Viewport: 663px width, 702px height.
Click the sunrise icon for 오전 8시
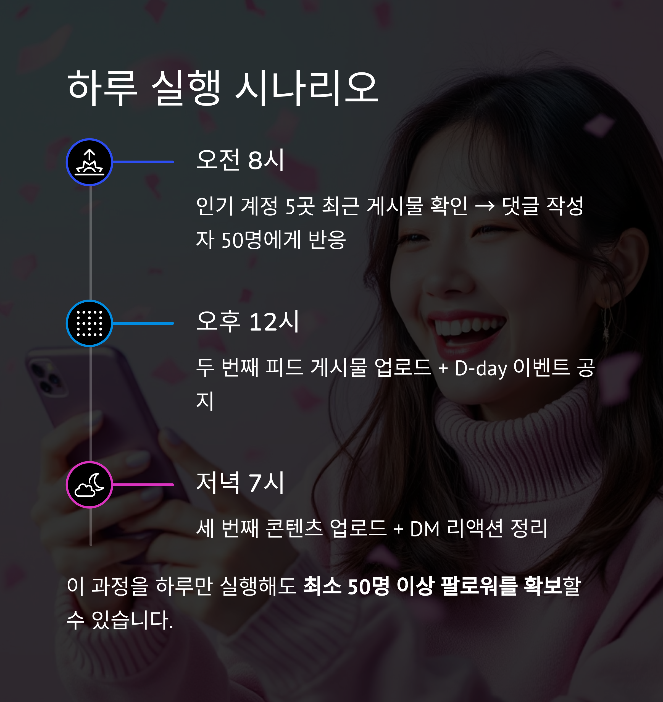pyautogui.click(x=90, y=162)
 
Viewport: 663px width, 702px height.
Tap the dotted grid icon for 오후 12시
pyautogui.click(x=90, y=323)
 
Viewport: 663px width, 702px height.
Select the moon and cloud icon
pyautogui.click(x=90, y=485)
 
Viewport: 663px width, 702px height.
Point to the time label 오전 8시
pyautogui.click(x=240, y=160)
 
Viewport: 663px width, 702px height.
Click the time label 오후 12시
pyautogui.click(x=248, y=321)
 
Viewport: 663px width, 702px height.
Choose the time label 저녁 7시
pyautogui.click(x=240, y=483)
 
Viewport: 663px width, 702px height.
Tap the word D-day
pyautogui.click(x=481, y=368)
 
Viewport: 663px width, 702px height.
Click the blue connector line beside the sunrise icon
pyautogui.click(x=143, y=162)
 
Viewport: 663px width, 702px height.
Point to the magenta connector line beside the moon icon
pyautogui.click(x=143, y=485)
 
